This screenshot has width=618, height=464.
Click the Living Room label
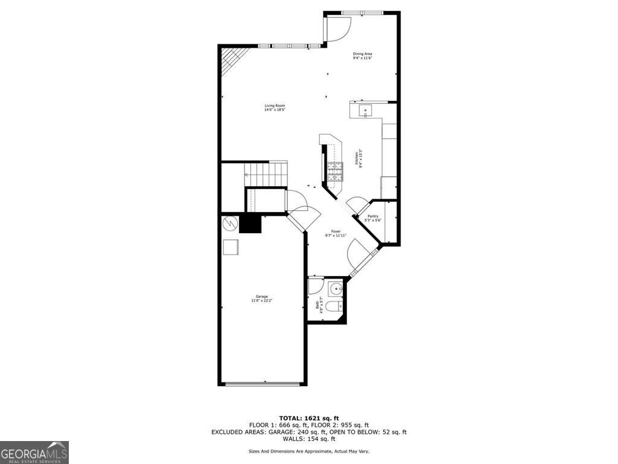(274, 108)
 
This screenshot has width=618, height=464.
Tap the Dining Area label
(362, 56)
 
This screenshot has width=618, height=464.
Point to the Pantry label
(373, 218)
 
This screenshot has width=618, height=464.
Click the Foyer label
(336, 233)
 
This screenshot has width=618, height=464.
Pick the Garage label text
(261, 298)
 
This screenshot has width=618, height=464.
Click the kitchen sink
(366, 111)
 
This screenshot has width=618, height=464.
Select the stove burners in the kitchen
(334, 172)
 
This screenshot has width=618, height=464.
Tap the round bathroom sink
(336, 288)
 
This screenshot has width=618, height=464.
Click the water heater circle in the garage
(230, 224)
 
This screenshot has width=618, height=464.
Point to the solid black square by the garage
(250, 224)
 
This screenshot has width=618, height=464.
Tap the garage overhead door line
(263, 383)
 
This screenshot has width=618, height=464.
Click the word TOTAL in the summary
(291, 418)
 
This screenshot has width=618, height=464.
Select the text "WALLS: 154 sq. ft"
(308, 439)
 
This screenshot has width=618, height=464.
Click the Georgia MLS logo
(34, 453)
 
